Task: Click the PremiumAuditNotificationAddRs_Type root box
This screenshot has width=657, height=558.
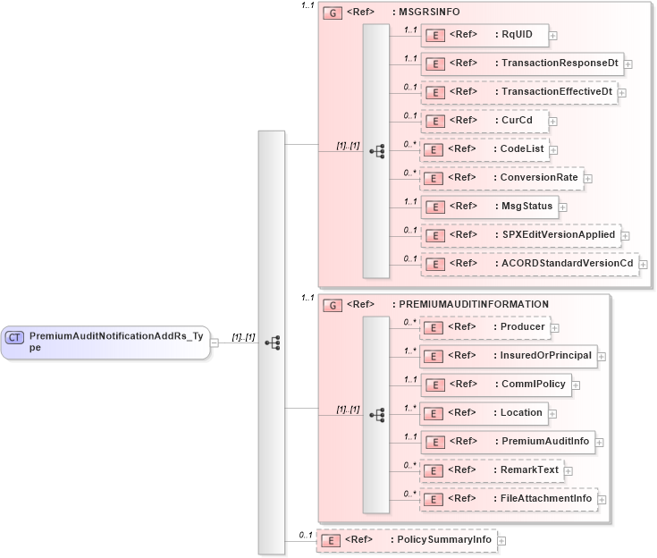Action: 105,342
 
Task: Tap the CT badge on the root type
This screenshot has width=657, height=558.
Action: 15,337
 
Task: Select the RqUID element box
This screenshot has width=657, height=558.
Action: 484,36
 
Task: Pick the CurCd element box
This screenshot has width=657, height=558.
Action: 484,121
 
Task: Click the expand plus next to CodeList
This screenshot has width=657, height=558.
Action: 553,149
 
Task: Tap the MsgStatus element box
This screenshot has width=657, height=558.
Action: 490,207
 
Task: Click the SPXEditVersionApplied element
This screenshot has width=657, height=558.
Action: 520,235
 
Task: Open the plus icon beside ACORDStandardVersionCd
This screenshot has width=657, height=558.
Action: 643,264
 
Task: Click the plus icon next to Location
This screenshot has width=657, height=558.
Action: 553,413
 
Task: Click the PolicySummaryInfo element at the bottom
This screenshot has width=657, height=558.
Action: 407,541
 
